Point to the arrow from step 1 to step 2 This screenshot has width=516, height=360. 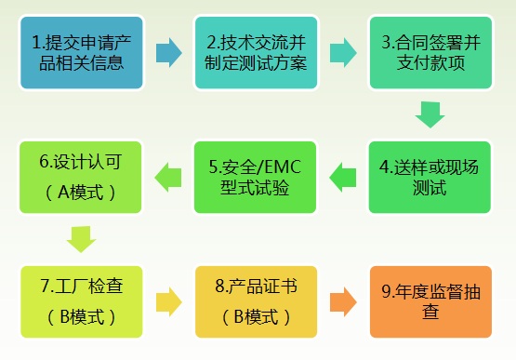click(168, 51)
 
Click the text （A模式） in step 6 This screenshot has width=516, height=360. click(81, 193)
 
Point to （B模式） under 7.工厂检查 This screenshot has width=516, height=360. click(81, 317)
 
